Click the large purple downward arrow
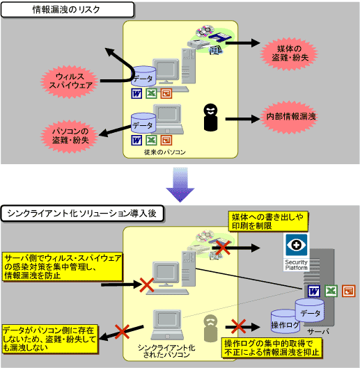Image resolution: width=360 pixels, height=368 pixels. tap(180, 186)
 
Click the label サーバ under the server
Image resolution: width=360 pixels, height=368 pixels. tap(318, 333)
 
